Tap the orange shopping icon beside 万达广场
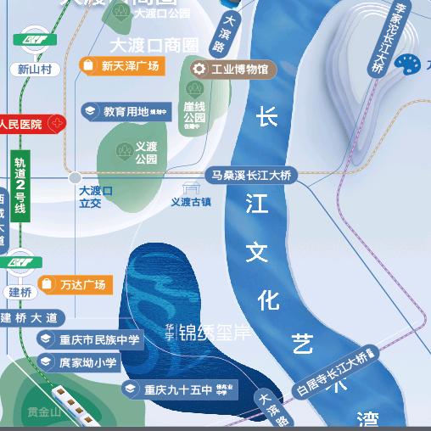pos(47,285)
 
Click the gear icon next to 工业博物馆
pos(199,69)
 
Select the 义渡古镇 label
pos(191,202)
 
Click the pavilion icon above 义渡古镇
pos(192,188)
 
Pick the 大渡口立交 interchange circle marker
pos(76,178)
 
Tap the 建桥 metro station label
pos(20,292)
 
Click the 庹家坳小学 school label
pos(88,363)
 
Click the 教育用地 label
pos(126,111)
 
